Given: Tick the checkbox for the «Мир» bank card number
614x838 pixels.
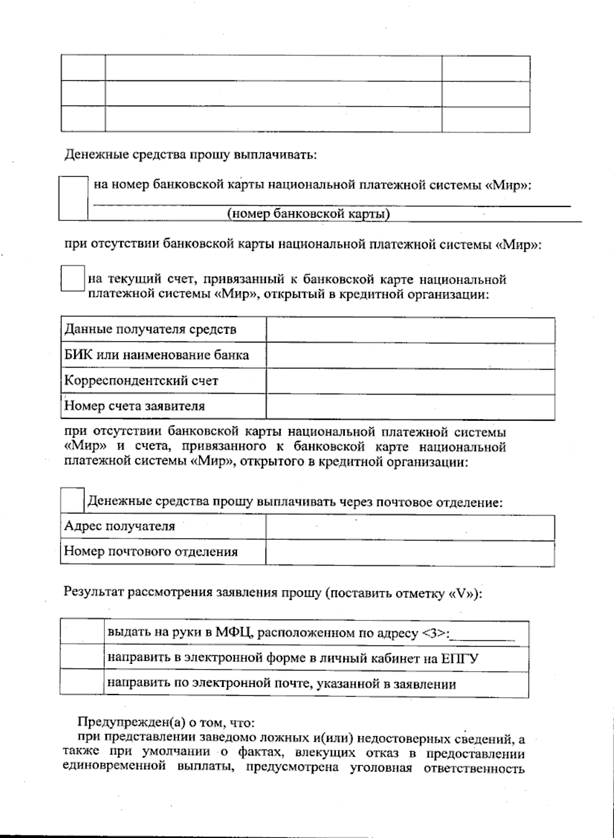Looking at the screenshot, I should tap(73, 198).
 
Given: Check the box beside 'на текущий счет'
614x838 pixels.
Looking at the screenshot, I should tap(73, 278).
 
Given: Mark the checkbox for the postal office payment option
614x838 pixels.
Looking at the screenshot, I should tap(72, 500).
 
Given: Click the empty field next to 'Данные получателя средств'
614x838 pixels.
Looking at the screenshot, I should tap(410, 330).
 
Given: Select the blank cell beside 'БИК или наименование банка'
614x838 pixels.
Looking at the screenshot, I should tap(410, 356).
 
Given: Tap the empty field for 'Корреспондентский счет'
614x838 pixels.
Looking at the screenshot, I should tap(410, 381).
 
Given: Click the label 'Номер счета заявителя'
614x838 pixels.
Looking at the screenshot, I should tap(135, 406).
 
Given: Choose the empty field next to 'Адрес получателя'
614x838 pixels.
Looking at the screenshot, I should tap(410, 527).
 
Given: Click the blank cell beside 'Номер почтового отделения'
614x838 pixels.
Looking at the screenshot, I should tap(410, 553).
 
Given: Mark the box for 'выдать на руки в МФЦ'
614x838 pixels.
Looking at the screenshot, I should tap(82, 633).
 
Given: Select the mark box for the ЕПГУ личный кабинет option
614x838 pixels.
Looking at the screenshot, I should tap(82, 658).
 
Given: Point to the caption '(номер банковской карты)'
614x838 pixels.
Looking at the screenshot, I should tap(309, 214).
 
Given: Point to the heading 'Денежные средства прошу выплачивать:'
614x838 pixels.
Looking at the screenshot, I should tap(190, 155).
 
